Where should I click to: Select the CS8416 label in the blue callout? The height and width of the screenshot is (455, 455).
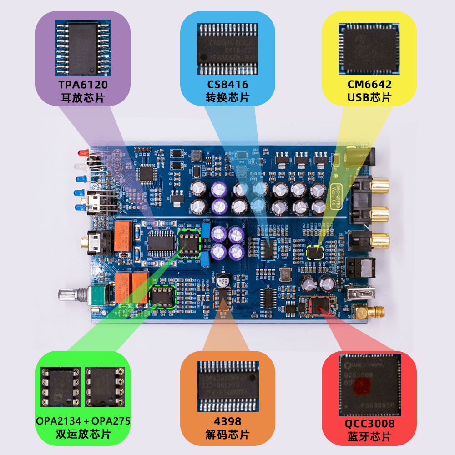227,85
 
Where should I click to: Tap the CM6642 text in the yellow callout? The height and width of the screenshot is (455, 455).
369,85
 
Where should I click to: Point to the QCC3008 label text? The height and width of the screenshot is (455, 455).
369,424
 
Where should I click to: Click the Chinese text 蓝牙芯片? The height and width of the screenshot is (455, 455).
369,437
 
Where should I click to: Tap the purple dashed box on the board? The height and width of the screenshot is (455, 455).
162,243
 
